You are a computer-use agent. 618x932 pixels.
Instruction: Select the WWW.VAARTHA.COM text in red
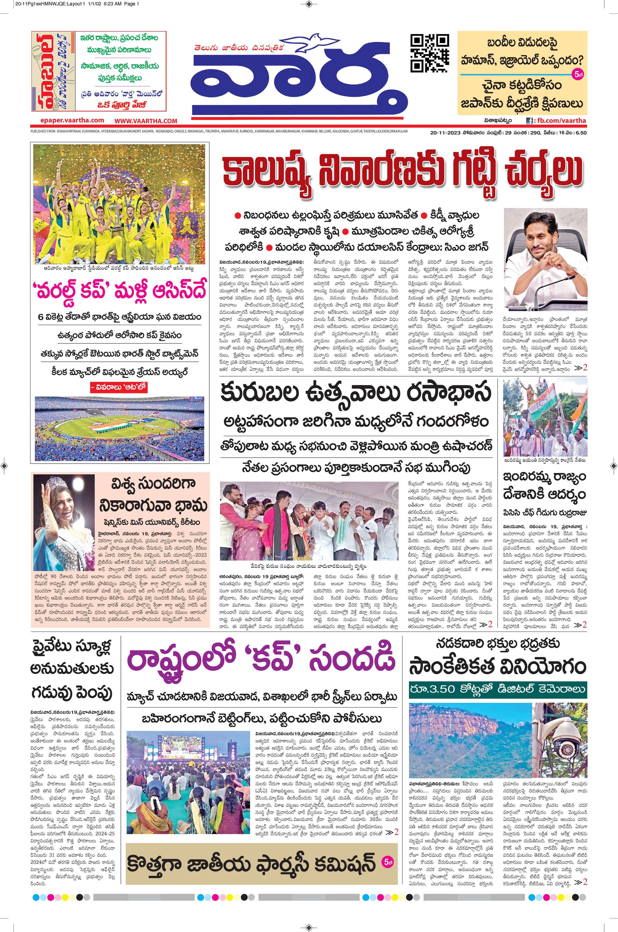146,121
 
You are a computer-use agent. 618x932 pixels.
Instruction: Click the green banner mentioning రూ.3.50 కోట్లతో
497,689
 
